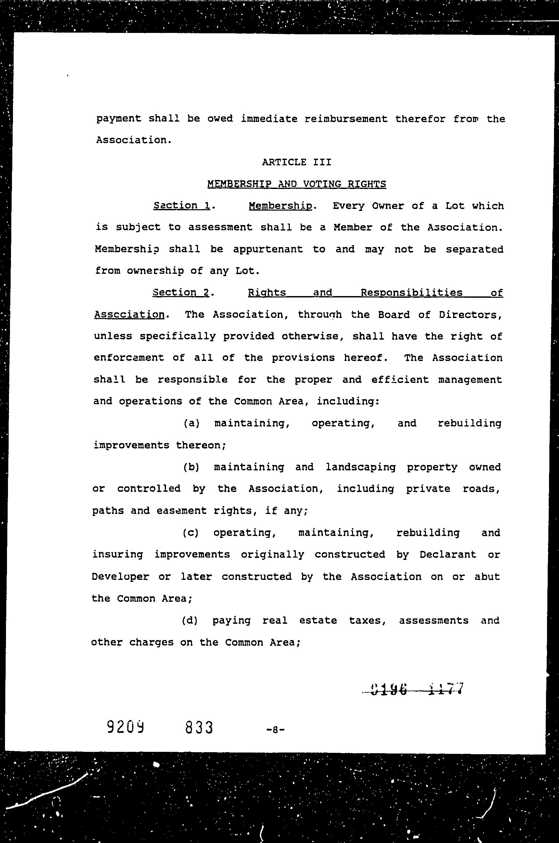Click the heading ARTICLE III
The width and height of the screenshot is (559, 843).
[x=296, y=163]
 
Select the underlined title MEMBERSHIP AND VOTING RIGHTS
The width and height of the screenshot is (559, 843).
[x=296, y=184]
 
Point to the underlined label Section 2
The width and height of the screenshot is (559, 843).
[x=181, y=293]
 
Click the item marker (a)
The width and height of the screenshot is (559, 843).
[x=191, y=423]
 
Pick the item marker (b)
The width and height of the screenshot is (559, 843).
[x=191, y=467]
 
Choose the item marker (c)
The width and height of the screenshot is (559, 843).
[x=191, y=533]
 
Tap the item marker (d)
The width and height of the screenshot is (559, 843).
[x=190, y=620]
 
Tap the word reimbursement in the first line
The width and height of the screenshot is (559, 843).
[x=346, y=119]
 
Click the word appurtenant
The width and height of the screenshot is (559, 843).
[x=268, y=250]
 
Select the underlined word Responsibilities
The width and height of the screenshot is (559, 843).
[x=411, y=293]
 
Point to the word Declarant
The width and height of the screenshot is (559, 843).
[x=448, y=555]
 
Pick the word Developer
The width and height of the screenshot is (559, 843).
[x=120, y=577]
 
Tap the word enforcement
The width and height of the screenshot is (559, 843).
[x=129, y=358]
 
